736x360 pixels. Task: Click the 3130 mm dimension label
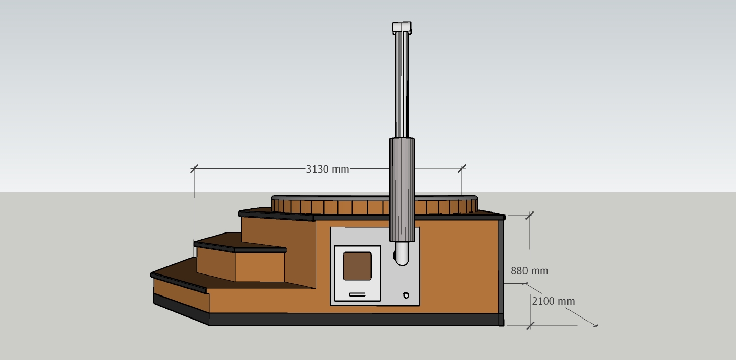(327, 169)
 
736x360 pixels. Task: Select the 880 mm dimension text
(529, 271)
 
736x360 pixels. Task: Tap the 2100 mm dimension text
(553, 301)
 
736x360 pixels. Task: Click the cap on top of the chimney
(402, 27)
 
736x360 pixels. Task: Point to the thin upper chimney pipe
(402, 84)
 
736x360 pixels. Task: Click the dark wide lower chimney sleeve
(402, 189)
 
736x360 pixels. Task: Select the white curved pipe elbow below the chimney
(402, 255)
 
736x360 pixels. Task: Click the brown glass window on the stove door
(357, 266)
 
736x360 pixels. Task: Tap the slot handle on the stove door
(357, 294)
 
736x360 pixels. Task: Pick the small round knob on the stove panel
(406, 295)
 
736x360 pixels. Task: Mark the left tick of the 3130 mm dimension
(194, 168)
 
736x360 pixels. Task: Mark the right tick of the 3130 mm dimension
(462, 168)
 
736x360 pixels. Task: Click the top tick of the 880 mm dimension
(530, 215)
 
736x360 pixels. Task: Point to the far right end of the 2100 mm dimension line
(596, 325)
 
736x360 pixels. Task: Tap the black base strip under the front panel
(353, 320)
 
